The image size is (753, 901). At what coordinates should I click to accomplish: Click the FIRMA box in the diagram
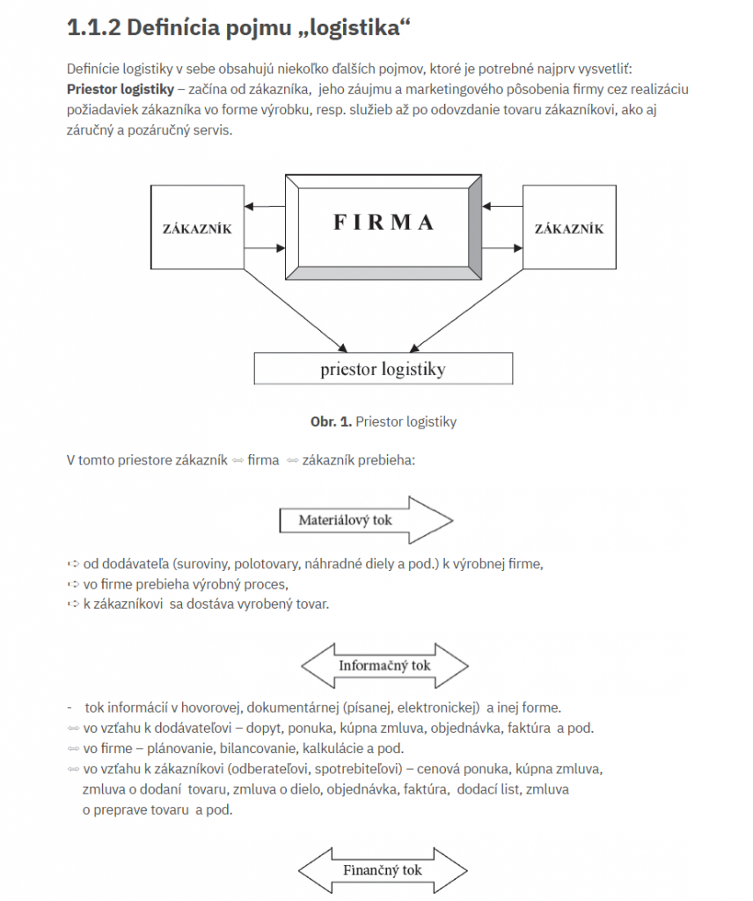coord(384,227)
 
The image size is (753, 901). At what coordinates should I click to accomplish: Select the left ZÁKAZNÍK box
coord(197,227)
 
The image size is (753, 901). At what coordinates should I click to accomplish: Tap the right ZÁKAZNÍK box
coord(569,227)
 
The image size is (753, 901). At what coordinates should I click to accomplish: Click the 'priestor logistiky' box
coord(384,369)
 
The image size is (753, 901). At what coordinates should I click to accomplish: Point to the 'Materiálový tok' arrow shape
coord(366,520)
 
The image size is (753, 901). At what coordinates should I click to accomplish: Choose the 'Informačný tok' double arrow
coord(384,665)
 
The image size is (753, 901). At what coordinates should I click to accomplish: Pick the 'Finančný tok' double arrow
coord(384,870)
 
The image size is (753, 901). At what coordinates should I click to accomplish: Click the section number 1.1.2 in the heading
coord(93,27)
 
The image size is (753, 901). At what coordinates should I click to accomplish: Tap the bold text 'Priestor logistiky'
coord(120,89)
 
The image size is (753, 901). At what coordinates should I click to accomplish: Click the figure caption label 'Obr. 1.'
coord(331,421)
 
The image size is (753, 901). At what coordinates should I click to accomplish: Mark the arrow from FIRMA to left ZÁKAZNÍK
coord(265,206)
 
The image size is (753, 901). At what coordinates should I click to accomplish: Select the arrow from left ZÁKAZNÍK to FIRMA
coord(265,248)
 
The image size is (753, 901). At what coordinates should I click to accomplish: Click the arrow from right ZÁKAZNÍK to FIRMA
coord(502,206)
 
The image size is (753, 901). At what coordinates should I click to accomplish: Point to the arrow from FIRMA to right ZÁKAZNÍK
coord(502,248)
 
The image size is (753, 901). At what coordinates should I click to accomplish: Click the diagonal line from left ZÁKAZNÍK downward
coord(296,311)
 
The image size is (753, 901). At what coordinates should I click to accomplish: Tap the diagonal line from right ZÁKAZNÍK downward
coord(466,311)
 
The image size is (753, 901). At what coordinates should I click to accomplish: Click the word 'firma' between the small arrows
coord(263,459)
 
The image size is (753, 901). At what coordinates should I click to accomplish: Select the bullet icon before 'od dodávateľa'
coord(73,564)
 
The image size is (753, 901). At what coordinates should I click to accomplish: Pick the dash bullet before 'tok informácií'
coord(69,707)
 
